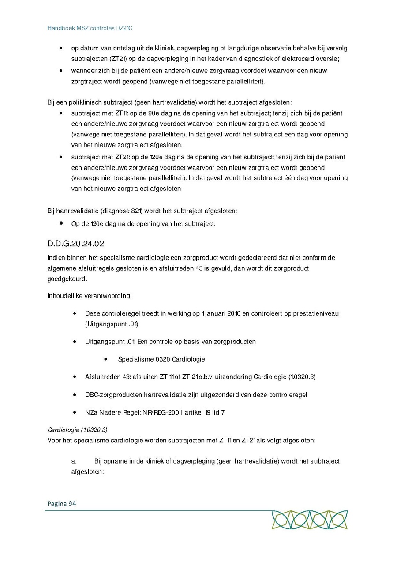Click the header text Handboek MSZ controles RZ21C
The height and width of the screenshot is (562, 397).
(90, 28)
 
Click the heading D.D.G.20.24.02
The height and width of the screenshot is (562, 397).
(75, 244)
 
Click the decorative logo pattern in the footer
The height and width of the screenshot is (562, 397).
(309, 520)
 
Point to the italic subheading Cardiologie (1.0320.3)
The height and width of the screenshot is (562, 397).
(77, 429)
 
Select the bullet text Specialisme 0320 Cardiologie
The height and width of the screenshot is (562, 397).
(161, 359)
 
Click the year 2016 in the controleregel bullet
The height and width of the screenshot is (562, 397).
(233, 313)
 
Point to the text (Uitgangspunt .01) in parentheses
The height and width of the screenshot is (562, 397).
(112, 324)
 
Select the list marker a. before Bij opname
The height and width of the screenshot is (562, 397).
(74, 461)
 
